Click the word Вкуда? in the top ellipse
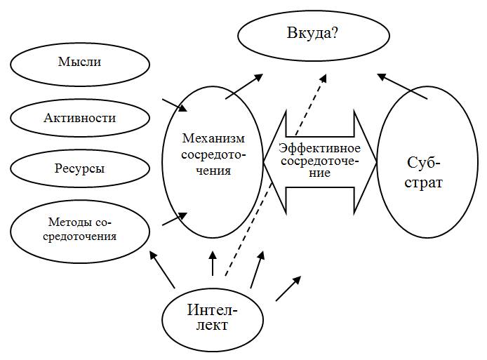point(312,32)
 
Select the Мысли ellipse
point(80,62)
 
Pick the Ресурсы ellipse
point(80,169)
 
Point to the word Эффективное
point(319,149)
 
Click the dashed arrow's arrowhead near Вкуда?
point(323,76)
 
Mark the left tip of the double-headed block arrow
point(265,161)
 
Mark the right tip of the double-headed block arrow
point(376,161)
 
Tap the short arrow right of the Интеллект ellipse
point(288,288)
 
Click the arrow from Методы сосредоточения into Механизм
point(175,218)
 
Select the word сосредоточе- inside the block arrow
point(319,161)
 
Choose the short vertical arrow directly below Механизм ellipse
point(212,263)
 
